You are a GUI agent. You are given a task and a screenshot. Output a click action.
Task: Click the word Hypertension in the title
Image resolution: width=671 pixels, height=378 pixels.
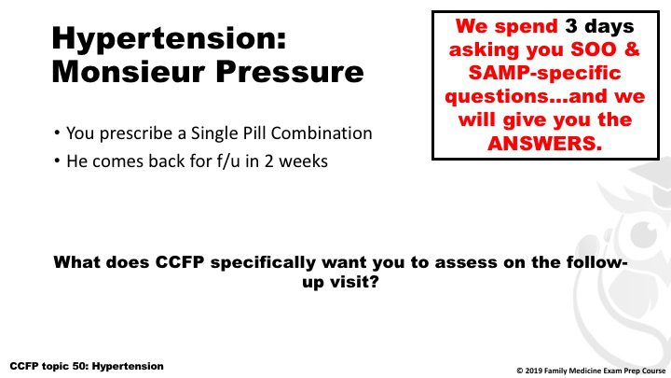tap(169, 39)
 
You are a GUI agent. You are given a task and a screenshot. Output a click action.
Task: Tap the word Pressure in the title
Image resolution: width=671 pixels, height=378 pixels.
tap(290, 72)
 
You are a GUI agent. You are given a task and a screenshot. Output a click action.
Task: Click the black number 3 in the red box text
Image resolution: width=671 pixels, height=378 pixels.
tap(571, 26)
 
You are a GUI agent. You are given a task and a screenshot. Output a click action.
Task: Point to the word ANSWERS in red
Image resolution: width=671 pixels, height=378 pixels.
tap(545, 143)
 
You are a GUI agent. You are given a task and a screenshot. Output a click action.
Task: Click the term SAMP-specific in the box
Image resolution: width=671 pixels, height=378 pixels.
tap(545, 73)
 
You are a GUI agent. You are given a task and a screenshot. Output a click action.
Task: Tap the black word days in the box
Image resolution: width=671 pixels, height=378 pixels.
tap(609, 27)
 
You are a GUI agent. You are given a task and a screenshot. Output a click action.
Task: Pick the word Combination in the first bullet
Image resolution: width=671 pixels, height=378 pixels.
tap(322, 133)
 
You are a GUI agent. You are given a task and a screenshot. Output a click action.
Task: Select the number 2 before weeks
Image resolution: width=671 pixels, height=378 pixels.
tap(268, 161)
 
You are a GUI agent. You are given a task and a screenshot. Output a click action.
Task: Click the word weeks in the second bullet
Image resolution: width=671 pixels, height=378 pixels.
tap(303, 161)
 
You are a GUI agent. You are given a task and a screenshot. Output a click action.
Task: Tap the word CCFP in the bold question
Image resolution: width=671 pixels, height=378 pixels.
tap(179, 262)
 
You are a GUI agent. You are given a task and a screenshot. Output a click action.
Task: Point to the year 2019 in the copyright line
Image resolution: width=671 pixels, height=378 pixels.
tap(533, 371)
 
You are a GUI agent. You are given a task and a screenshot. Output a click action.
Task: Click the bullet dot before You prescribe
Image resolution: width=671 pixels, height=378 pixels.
tap(57, 133)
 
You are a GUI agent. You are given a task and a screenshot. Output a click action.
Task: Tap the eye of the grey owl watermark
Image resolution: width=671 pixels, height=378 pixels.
tap(644, 233)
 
